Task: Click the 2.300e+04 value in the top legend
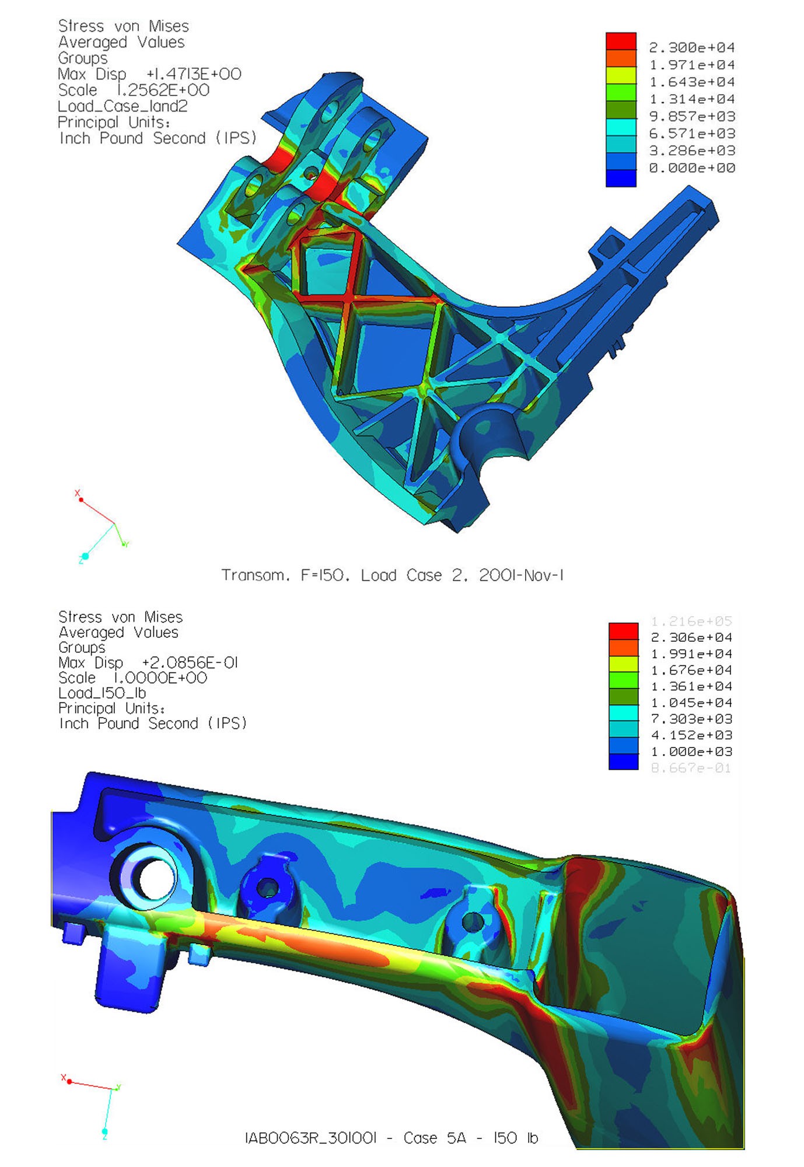pos(692,48)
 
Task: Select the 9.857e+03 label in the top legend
pos(692,116)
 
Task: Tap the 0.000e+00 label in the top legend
pos(692,168)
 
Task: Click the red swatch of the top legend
pos(621,41)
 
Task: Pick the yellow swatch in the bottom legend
pos(623,664)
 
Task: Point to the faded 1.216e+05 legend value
pos(691,621)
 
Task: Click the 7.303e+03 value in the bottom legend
pos(691,719)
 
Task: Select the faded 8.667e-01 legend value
pos(691,768)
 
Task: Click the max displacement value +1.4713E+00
pos(194,74)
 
